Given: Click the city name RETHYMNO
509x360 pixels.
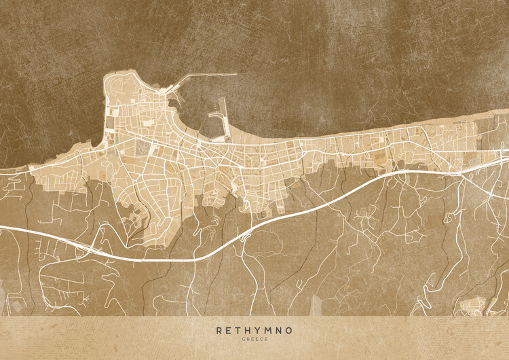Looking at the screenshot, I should pyautogui.click(x=254, y=331).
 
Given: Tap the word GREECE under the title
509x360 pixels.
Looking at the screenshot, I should pyautogui.click(x=254, y=340).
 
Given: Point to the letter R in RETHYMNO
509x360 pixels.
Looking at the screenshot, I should pyautogui.click(x=219, y=331).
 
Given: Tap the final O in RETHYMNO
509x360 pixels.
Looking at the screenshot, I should pyautogui.click(x=290, y=331).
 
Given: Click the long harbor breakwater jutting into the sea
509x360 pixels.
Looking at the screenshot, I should pyautogui.click(x=204, y=75).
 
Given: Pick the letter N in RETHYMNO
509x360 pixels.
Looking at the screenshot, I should pyautogui.click(x=280, y=331).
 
